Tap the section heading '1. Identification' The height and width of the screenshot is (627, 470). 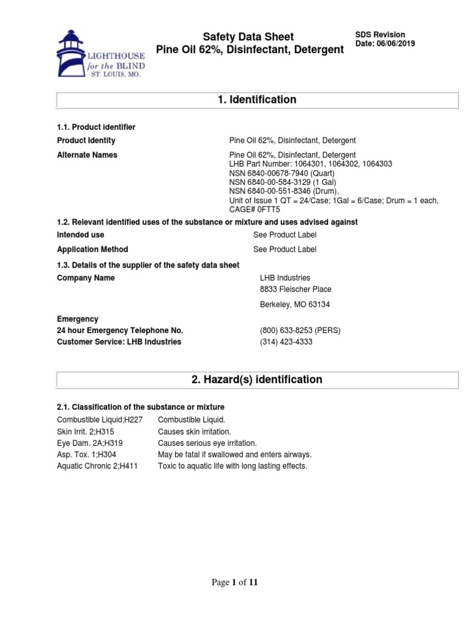coord(257,100)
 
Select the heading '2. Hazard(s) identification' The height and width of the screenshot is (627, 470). coord(257,380)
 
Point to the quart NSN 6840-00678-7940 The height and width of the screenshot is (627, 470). coord(273,173)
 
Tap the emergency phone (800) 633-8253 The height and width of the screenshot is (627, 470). coord(300,331)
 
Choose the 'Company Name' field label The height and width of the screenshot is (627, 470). coord(86,278)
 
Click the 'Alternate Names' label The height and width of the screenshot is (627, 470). coord(87,155)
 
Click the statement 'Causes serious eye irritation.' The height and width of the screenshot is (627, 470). coord(207,443)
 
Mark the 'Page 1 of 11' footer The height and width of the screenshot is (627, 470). coord(234,582)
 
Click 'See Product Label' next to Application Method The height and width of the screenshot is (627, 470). coord(285,249)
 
